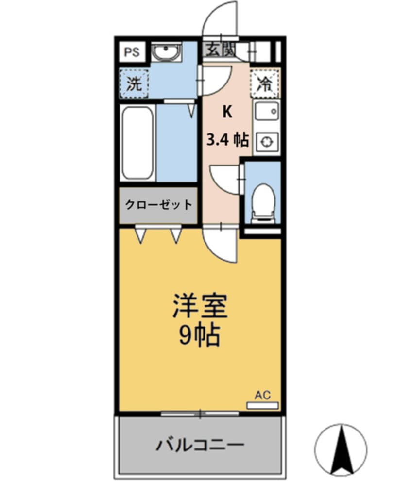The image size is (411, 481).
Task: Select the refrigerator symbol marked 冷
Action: pos(265,83)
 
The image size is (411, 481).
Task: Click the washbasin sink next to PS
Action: pos(167,52)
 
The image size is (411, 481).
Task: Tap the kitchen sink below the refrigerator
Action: pos(266,113)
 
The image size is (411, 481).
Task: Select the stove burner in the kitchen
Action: pos(266,141)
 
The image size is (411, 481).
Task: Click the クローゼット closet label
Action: pos(158,204)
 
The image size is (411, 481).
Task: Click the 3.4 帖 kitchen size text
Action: pos(227,141)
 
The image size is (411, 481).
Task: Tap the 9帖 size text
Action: pos(200,335)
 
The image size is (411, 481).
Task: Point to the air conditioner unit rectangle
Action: pos(262,405)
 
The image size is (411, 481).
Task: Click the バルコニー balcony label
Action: pos(200,444)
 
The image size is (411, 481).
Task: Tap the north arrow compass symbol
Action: pos(341,448)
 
